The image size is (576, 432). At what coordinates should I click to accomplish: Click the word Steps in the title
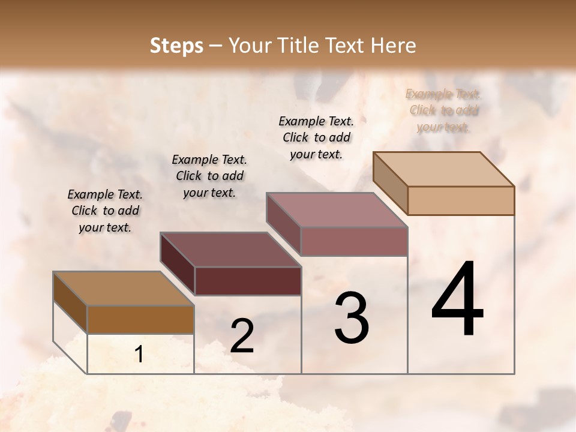coord(176,46)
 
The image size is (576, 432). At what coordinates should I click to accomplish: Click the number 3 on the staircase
coord(352,318)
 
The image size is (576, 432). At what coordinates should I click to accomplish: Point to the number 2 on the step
coord(242,336)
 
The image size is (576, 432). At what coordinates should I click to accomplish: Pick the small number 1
coord(139,355)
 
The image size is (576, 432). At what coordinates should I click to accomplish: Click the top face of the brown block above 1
coord(123,289)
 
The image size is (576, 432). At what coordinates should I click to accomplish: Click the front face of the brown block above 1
coord(141,319)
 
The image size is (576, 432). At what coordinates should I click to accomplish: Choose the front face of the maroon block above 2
coord(248,281)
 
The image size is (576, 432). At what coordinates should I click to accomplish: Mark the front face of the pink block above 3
coord(354,241)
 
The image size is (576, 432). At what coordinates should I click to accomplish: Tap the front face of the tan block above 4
coord(461,200)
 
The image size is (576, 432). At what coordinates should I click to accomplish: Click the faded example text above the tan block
coord(443,110)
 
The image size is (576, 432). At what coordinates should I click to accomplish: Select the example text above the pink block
coord(316,137)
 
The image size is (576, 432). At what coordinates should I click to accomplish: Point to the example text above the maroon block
coord(209,176)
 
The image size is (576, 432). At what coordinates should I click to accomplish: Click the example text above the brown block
coord(105,211)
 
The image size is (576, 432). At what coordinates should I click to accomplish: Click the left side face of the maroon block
coord(178,264)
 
